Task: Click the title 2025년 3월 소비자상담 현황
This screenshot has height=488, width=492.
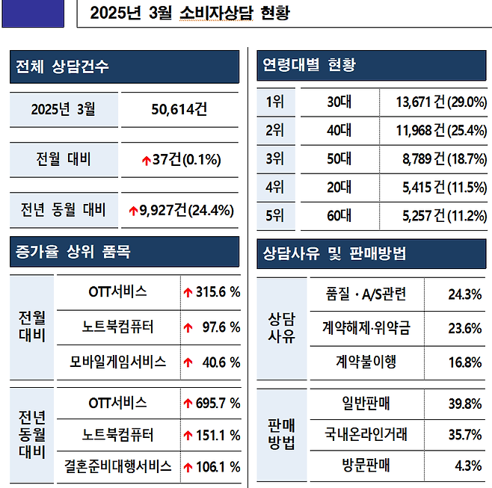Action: (x=188, y=13)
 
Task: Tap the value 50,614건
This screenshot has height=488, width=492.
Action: (x=179, y=110)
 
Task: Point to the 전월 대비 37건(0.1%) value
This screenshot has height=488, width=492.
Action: (x=180, y=160)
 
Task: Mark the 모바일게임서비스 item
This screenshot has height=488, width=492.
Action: (x=117, y=362)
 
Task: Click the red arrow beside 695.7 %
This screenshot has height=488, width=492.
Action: (x=188, y=404)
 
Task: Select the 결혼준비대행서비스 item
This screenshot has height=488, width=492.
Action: (x=117, y=466)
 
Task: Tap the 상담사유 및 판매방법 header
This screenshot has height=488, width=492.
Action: (x=333, y=253)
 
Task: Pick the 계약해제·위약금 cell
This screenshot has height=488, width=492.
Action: (x=366, y=328)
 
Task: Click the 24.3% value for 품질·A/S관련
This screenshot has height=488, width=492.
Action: (x=464, y=294)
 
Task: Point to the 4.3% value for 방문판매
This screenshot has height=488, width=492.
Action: (x=467, y=466)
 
